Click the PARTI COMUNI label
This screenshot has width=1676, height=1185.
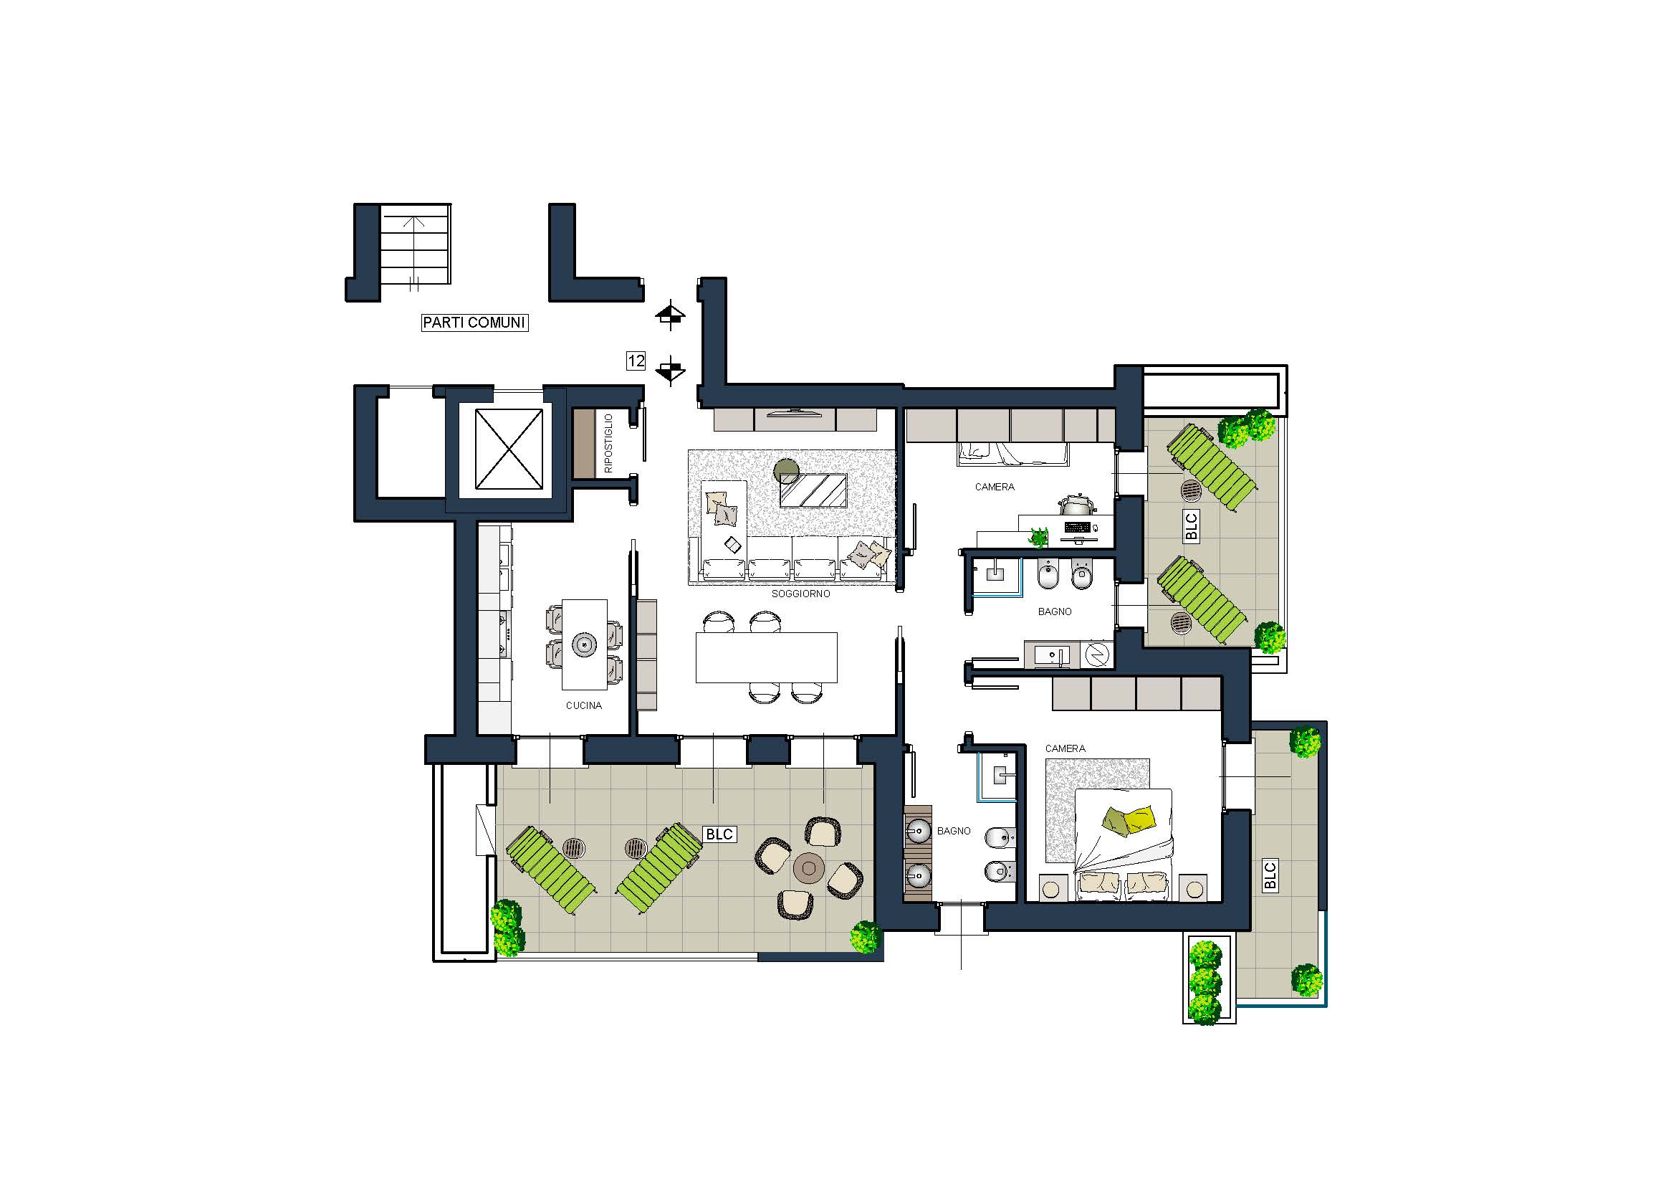tap(474, 322)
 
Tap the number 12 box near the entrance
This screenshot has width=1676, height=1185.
tap(636, 361)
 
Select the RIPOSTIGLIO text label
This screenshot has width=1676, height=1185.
tap(608, 443)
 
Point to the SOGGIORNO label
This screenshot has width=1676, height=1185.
tap(801, 594)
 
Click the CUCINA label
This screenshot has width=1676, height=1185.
tap(584, 705)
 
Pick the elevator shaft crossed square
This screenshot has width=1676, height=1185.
tap(509, 449)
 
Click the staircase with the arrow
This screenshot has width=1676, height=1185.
tap(415, 244)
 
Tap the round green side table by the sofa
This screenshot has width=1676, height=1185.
tap(787, 471)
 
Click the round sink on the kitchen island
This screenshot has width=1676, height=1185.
tap(584, 644)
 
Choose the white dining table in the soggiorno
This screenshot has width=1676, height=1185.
tap(767, 658)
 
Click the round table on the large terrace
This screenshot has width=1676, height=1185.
tap(809, 867)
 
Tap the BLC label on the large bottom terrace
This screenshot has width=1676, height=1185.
tap(719, 834)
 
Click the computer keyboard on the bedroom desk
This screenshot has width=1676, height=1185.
tap(1078, 527)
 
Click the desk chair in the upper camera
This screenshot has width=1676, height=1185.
tap(1075, 504)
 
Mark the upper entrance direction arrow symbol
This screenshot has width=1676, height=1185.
tap(670, 315)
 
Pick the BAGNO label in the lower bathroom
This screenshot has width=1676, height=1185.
tap(953, 831)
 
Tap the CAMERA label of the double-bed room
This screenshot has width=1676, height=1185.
tap(1065, 748)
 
